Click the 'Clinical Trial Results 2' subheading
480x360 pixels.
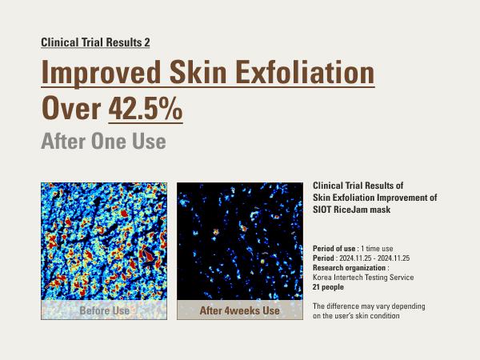(95, 42)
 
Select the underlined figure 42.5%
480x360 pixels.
(145, 109)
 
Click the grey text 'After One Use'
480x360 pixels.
(103, 142)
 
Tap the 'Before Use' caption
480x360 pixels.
(104, 310)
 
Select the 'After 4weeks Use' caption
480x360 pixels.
(240, 310)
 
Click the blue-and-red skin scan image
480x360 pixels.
(104, 240)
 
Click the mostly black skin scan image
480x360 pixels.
(240, 240)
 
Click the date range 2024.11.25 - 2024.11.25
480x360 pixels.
(375, 258)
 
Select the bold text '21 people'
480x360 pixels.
(328, 286)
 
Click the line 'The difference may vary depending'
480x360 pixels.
(369, 306)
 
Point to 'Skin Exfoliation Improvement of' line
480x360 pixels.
(375, 197)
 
